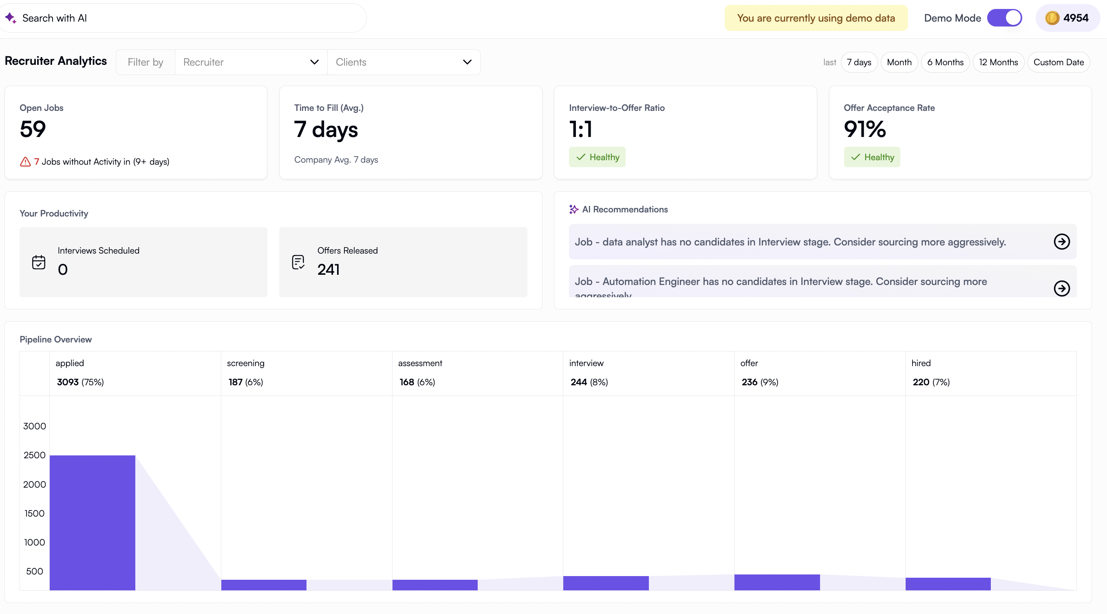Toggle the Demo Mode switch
(1004, 18)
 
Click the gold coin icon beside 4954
(1052, 18)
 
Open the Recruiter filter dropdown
(251, 62)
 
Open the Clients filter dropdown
(403, 62)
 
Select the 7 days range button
(859, 62)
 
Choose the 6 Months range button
(945, 62)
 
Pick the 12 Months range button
(998, 62)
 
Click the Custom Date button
(1058, 62)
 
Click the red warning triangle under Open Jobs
(25, 162)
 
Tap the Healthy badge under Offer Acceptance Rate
(871, 157)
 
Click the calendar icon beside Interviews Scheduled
(39, 262)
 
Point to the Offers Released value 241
(329, 269)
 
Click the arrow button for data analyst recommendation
(1061, 242)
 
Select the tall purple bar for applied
(93, 522)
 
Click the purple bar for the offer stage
(776, 582)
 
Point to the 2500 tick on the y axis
(34, 455)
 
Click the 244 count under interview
(578, 382)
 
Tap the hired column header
(921, 363)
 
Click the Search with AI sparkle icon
(11, 18)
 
